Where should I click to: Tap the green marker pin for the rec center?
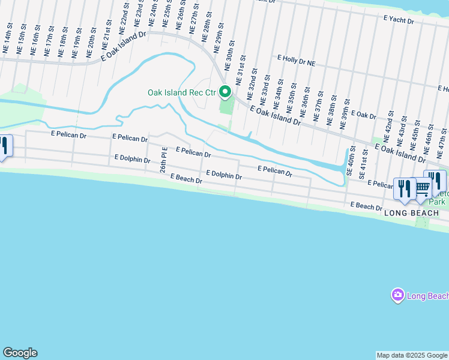tap(225, 92)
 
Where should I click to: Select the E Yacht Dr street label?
tap(399, 20)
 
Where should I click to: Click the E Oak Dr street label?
tap(363, 114)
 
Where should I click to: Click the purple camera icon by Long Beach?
tap(397, 295)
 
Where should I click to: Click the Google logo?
tap(20, 353)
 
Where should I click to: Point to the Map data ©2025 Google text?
tap(412, 355)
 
